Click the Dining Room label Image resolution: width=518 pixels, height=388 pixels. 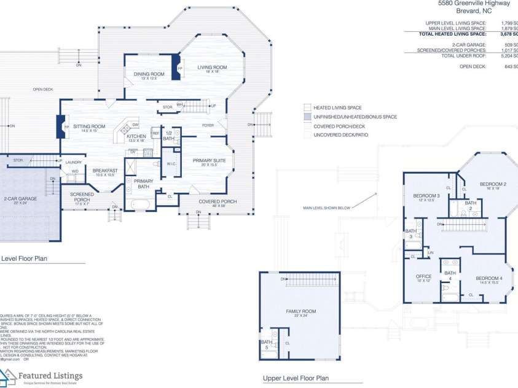coord(146,74)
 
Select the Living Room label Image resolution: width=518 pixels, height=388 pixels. coord(212,68)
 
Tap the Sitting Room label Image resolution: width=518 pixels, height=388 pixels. coord(89,126)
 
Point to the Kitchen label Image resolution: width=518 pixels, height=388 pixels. coord(136,136)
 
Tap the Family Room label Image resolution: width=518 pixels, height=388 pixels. coord(300,312)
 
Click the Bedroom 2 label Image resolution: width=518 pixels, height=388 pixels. coord(493,184)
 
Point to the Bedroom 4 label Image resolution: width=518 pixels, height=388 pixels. coord(489,279)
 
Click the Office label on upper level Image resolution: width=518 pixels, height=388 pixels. coord(424,277)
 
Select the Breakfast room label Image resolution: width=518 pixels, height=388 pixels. coord(104,171)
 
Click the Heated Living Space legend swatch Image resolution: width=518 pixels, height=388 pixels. coord(308,107)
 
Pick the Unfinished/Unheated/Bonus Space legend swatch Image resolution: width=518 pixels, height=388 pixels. coord(308,117)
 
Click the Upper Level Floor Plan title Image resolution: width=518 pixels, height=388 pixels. coord(296,378)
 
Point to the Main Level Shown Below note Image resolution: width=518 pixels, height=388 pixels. coord(326,208)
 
